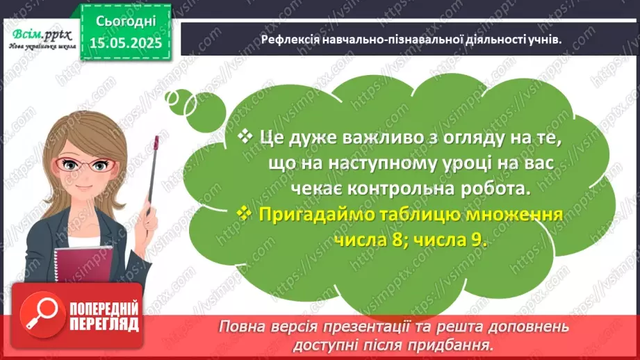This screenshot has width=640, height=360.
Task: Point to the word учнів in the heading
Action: click(544, 40)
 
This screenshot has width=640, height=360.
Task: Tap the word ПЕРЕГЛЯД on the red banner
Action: click(104, 324)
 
